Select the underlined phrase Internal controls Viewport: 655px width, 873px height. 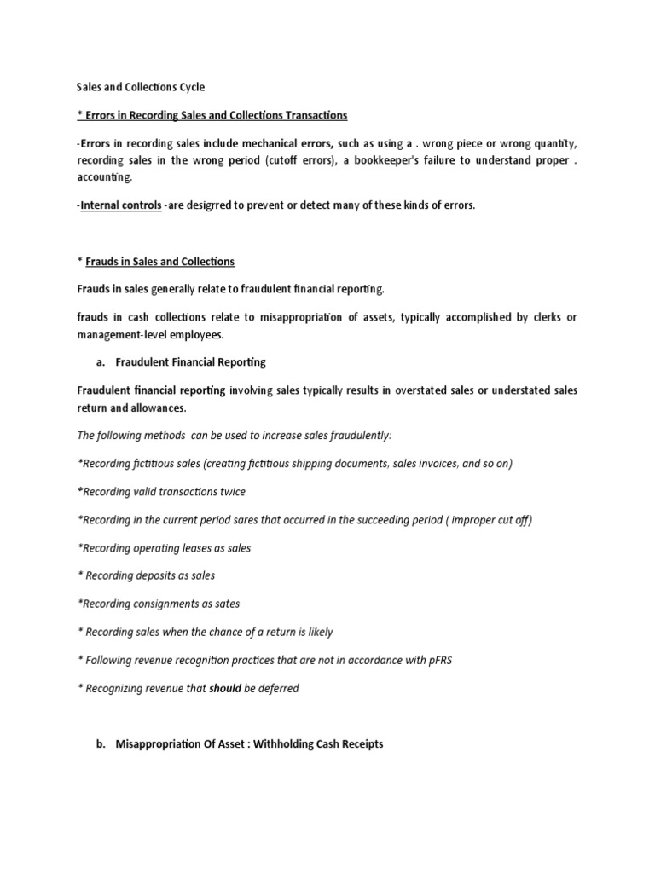pyautogui.click(x=121, y=205)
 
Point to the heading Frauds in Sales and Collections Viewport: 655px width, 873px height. pyautogui.click(x=160, y=261)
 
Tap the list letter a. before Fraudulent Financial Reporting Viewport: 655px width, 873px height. pyautogui.click(x=101, y=362)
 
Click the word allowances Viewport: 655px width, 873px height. pyautogui.click(x=158, y=408)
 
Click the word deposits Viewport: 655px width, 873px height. pyautogui.click(x=157, y=576)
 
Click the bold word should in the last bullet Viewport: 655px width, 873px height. pyautogui.click(x=225, y=689)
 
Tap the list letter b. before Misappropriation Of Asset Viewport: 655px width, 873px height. pyautogui.click(x=101, y=744)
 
